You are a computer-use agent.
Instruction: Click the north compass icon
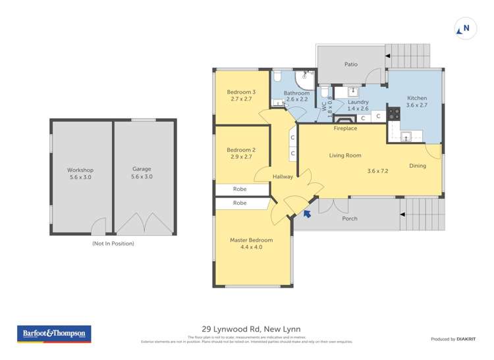coord(464,29)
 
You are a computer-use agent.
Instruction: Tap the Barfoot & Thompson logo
coord(54,334)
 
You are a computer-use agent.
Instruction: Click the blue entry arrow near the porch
coord(306,212)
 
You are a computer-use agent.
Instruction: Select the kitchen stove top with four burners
coord(394,113)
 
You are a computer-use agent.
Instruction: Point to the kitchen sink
coord(406,136)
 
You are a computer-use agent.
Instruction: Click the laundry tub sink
coord(353,91)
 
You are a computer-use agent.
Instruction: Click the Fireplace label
coord(345,128)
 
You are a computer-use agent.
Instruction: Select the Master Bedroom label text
coord(251,240)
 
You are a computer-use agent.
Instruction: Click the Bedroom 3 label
coord(241,91)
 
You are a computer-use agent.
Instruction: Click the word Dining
coord(417,166)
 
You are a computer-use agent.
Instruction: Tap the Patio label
coord(351,64)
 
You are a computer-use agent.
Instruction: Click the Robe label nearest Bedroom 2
coord(240,190)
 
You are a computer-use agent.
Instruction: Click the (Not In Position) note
coord(113,244)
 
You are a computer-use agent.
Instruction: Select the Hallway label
coord(283,177)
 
